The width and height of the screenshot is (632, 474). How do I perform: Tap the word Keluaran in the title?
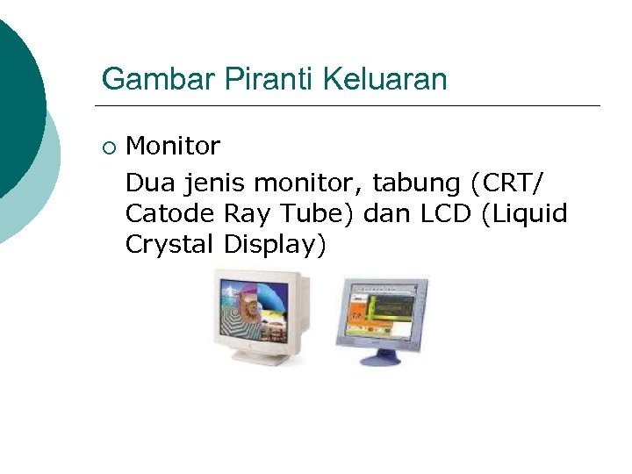tap(385, 80)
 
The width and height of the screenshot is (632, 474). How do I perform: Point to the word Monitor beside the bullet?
tap(173, 145)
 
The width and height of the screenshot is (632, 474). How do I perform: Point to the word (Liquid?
tap(525, 214)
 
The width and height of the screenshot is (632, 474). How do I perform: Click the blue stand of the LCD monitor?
tap(380, 355)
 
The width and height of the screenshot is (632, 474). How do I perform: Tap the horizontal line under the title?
tap(351, 106)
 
